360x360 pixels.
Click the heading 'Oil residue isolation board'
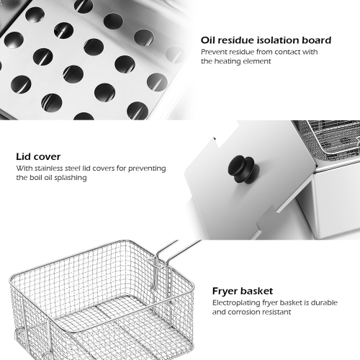pos(266,40)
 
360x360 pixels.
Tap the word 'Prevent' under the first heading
pos(215,53)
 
